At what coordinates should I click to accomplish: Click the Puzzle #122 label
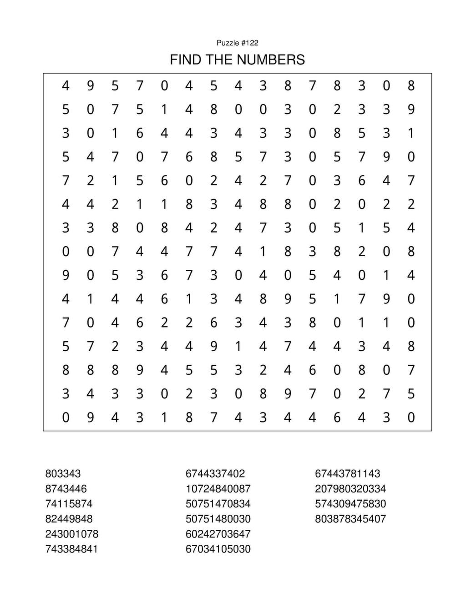pyautogui.click(x=237, y=43)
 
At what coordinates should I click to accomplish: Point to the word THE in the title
pyautogui.click(x=222, y=60)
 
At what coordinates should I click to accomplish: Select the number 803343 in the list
pyautogui.click(x=63, y=474)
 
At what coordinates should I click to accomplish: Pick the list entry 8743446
pyautogui.click(x=66, y=489)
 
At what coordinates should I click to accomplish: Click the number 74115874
pyautogui.click(x=69, y=504)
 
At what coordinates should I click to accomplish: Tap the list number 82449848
pyautogui.click(x=69, y=519)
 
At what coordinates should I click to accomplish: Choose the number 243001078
pyautogui.click(x=72, y=534)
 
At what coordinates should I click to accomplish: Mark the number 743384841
pyautogui.click(x=72, y=549)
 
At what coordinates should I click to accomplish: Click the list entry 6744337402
pyautogui.click(x=215, y=474)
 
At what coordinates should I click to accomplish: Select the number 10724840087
pyautogui.click(x=218, y=489)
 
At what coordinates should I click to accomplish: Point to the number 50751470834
pyautogui.click(x=218, y=504)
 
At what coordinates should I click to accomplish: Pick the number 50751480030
pyautogui.click(x=218, y=519)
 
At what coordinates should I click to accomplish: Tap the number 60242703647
pyautogui.click(x=218, y=534)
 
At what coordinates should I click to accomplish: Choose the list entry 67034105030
pyautogui.click(x=218, y=549)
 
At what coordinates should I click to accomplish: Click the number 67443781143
pyautogui.click(x=347, y=474)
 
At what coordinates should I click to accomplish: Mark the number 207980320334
pyautogui.click(x=350, y=489)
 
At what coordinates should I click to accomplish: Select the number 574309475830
pyautogui.click(x=350, y=504)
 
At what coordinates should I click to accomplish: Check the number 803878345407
pyautogui.click(x=350, y=519)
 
